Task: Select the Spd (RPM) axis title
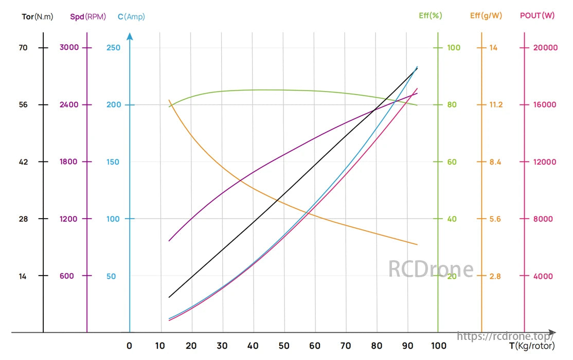(x=88, y=16)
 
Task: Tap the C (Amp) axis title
(x=131, y=16)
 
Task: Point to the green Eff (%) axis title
(x=431, y=16)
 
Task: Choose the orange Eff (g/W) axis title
(x=486, y=16)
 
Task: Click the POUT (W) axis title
(x=538, y=16)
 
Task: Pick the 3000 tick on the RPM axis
(x=69, y=48)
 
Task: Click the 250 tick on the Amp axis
(x=113, y=48)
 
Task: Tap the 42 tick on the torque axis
(x=23, y=162)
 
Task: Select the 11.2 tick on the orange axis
(x=496, y=105)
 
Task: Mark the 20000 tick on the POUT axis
(x=546, y=48)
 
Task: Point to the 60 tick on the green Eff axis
(x=452, y=162)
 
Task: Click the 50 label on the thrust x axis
(x=284, y=346)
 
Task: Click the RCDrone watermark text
(x=431, y=269)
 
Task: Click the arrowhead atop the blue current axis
(x=130, y=36)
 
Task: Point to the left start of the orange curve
(x=169, y=100)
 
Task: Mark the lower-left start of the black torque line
(x=169, y=297)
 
